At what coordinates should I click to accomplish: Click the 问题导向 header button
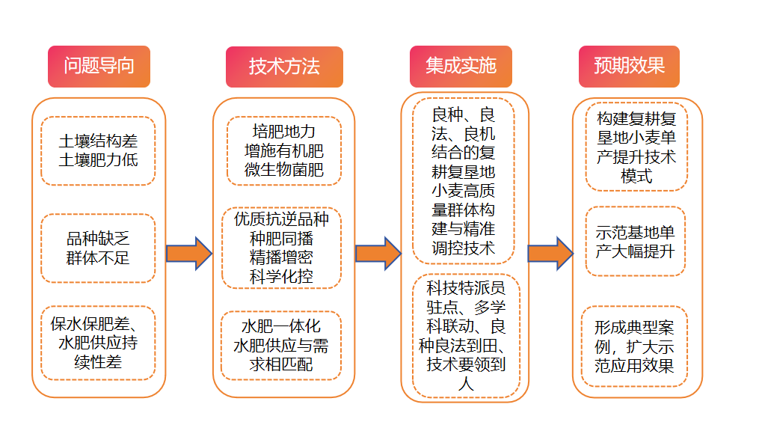(99, 67)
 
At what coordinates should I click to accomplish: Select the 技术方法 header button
(284, 67)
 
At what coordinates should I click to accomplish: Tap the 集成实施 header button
(461, 67)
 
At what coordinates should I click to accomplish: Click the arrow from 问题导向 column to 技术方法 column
(189, 253)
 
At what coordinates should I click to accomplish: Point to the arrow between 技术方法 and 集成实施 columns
(378, 253)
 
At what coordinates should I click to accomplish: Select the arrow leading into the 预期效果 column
(550, 253)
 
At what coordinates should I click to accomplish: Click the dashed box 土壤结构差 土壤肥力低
(98, 150)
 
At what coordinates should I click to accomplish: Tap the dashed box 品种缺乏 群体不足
(98, 248)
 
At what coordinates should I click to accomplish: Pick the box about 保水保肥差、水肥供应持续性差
(98, 343)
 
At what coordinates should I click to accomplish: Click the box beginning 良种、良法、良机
(464, 181)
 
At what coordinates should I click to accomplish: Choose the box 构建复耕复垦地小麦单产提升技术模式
(636, 147)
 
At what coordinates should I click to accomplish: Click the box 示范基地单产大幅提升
(636, 241)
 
